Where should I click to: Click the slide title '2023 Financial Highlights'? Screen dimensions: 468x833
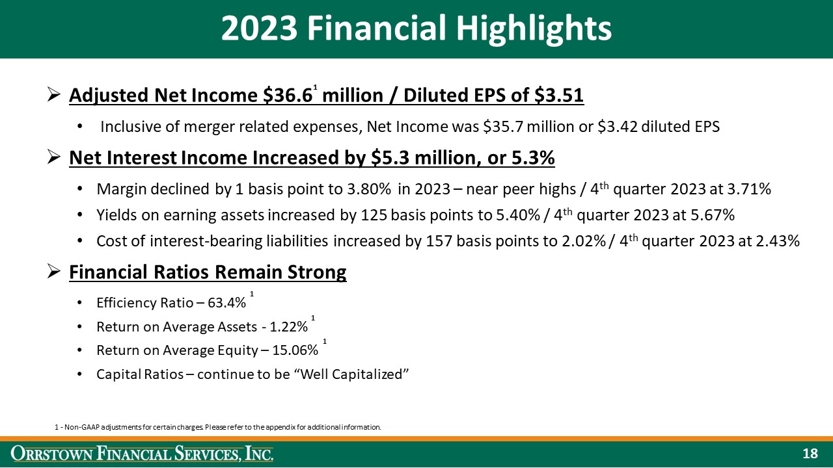coord(416,29)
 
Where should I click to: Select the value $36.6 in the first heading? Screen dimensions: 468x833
coord(287,96)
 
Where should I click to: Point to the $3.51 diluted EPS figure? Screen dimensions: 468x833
coord(558,96)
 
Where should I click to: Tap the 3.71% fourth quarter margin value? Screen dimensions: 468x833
coord(750,189)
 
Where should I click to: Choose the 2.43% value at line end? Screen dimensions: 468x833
coord(778,241)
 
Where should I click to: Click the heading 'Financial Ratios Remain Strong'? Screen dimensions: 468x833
coord(208,272)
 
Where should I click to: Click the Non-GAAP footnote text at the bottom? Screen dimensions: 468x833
coord(218,427)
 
